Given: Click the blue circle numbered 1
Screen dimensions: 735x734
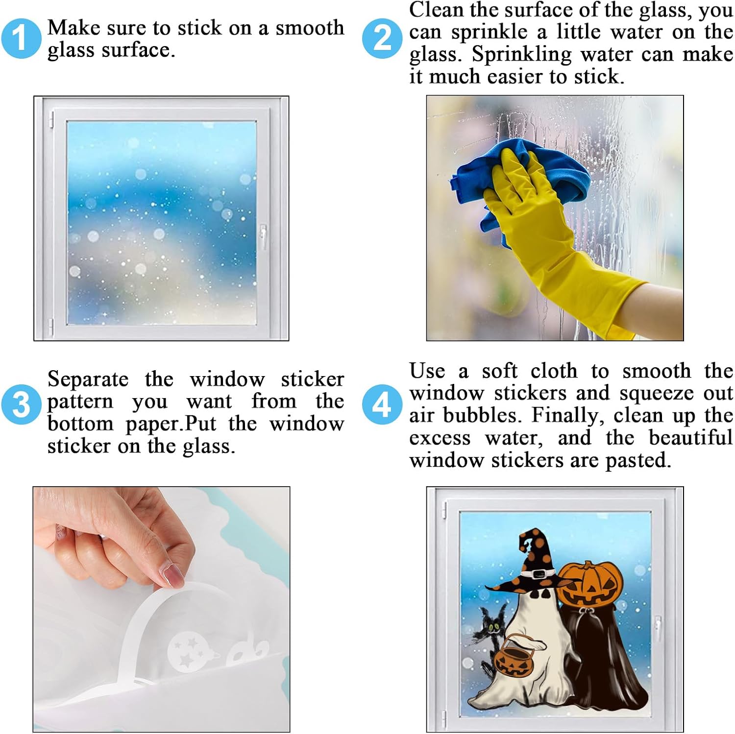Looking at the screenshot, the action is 21,38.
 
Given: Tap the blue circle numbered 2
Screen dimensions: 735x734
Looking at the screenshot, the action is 382,38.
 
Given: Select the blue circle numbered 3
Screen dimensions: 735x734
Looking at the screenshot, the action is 21,404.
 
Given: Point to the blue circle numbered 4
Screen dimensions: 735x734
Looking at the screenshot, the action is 382,404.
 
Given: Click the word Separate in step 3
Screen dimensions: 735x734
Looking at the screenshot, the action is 88,379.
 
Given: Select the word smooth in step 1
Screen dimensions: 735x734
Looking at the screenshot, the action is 310,28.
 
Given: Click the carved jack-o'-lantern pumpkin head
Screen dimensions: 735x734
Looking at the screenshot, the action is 590,583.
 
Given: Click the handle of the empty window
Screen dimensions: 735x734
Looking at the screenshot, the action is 263,237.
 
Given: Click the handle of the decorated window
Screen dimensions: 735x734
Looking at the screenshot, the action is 658,628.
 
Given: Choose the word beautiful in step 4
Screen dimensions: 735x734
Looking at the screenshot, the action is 691,437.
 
